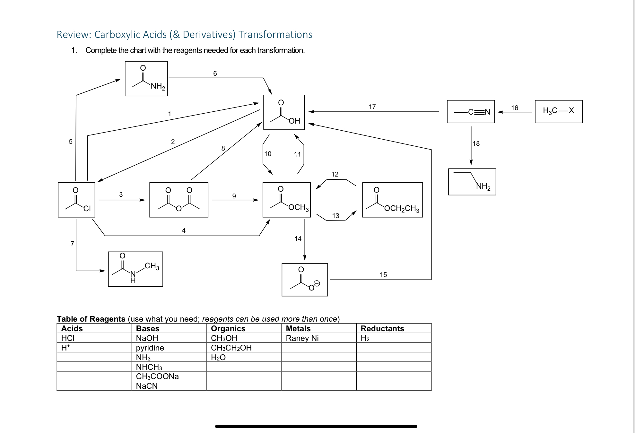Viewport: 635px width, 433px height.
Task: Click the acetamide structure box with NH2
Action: click(146, 79)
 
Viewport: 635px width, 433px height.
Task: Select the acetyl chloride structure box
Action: click(76, 200)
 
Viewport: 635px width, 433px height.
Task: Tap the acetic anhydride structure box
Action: click(178, 200)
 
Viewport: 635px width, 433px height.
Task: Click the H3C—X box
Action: click(558, 111)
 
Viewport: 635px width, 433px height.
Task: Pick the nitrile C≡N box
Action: click(471, 111)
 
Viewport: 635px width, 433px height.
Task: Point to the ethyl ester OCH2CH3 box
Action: click(392, 200)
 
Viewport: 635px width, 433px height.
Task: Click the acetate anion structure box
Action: click(304, 280)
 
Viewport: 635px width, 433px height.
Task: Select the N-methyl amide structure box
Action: click(135, 269)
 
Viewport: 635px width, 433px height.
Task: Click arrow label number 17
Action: click(372, 107)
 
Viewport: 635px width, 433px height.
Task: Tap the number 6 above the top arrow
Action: click(215, 74)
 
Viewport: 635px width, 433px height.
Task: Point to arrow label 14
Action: click(298, 239)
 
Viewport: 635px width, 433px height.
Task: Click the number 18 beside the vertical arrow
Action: click(476, 143)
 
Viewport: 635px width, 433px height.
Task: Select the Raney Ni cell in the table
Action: click(302, 338)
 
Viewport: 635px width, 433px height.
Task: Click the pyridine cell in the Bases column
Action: click(150, 348)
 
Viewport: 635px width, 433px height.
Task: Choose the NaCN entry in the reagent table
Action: click(147, 386)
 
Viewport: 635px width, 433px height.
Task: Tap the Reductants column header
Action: click(382, 328)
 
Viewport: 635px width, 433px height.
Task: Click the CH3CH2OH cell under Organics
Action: click(231, 348)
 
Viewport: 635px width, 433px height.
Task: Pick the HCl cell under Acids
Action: click(68, 338)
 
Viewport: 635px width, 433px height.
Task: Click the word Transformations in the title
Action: click(275, 34)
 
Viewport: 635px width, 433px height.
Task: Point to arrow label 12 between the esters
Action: click(335, 174)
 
